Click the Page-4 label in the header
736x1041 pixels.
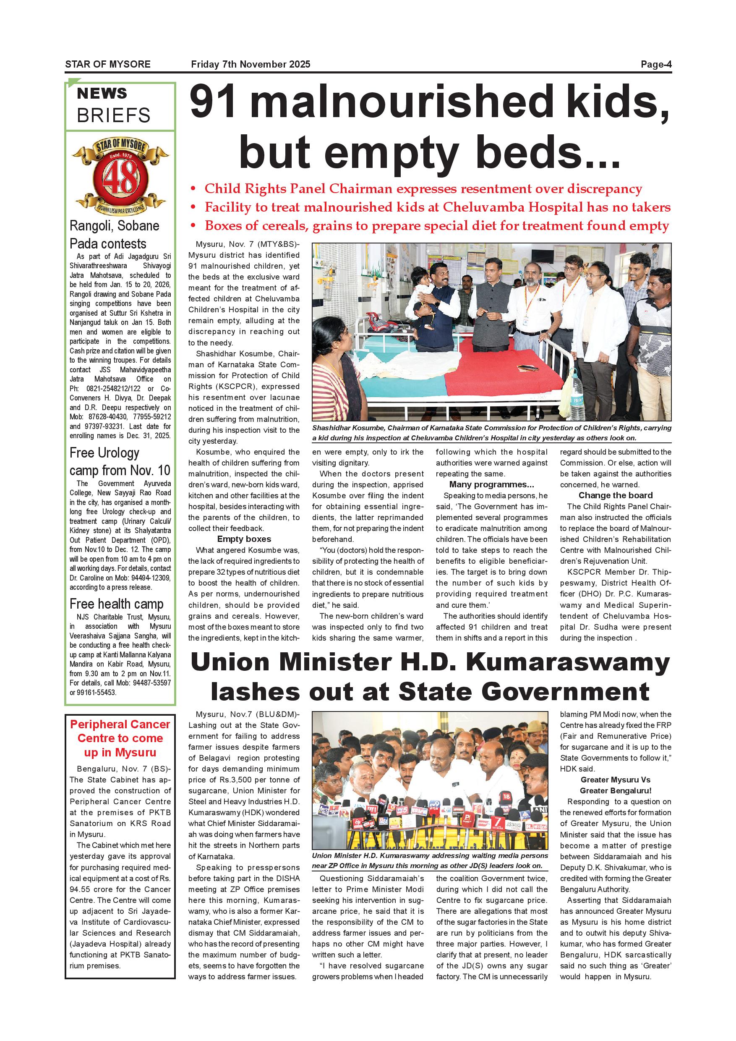click(x=655, y=64)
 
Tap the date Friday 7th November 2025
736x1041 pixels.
click(x=251, y=64)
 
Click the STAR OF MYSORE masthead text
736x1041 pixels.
click(x=108, y=64)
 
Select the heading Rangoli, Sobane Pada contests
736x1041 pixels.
click(x=114, y=234)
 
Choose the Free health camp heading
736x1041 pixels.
click(x=117, y=604)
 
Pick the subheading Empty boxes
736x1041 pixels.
click(x=244, y=539)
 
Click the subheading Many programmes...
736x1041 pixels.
click(x=491, y=484)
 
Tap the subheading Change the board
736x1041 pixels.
click(x=615, y=495)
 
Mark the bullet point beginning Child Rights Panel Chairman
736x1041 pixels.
click(x=423, y=188)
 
